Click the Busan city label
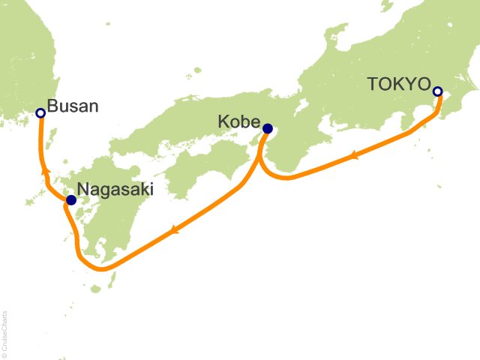73,106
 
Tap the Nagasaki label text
117,190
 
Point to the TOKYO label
398,84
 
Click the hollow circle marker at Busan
40,113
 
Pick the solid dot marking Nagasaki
70,200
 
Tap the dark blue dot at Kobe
267,127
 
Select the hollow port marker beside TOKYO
438,91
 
